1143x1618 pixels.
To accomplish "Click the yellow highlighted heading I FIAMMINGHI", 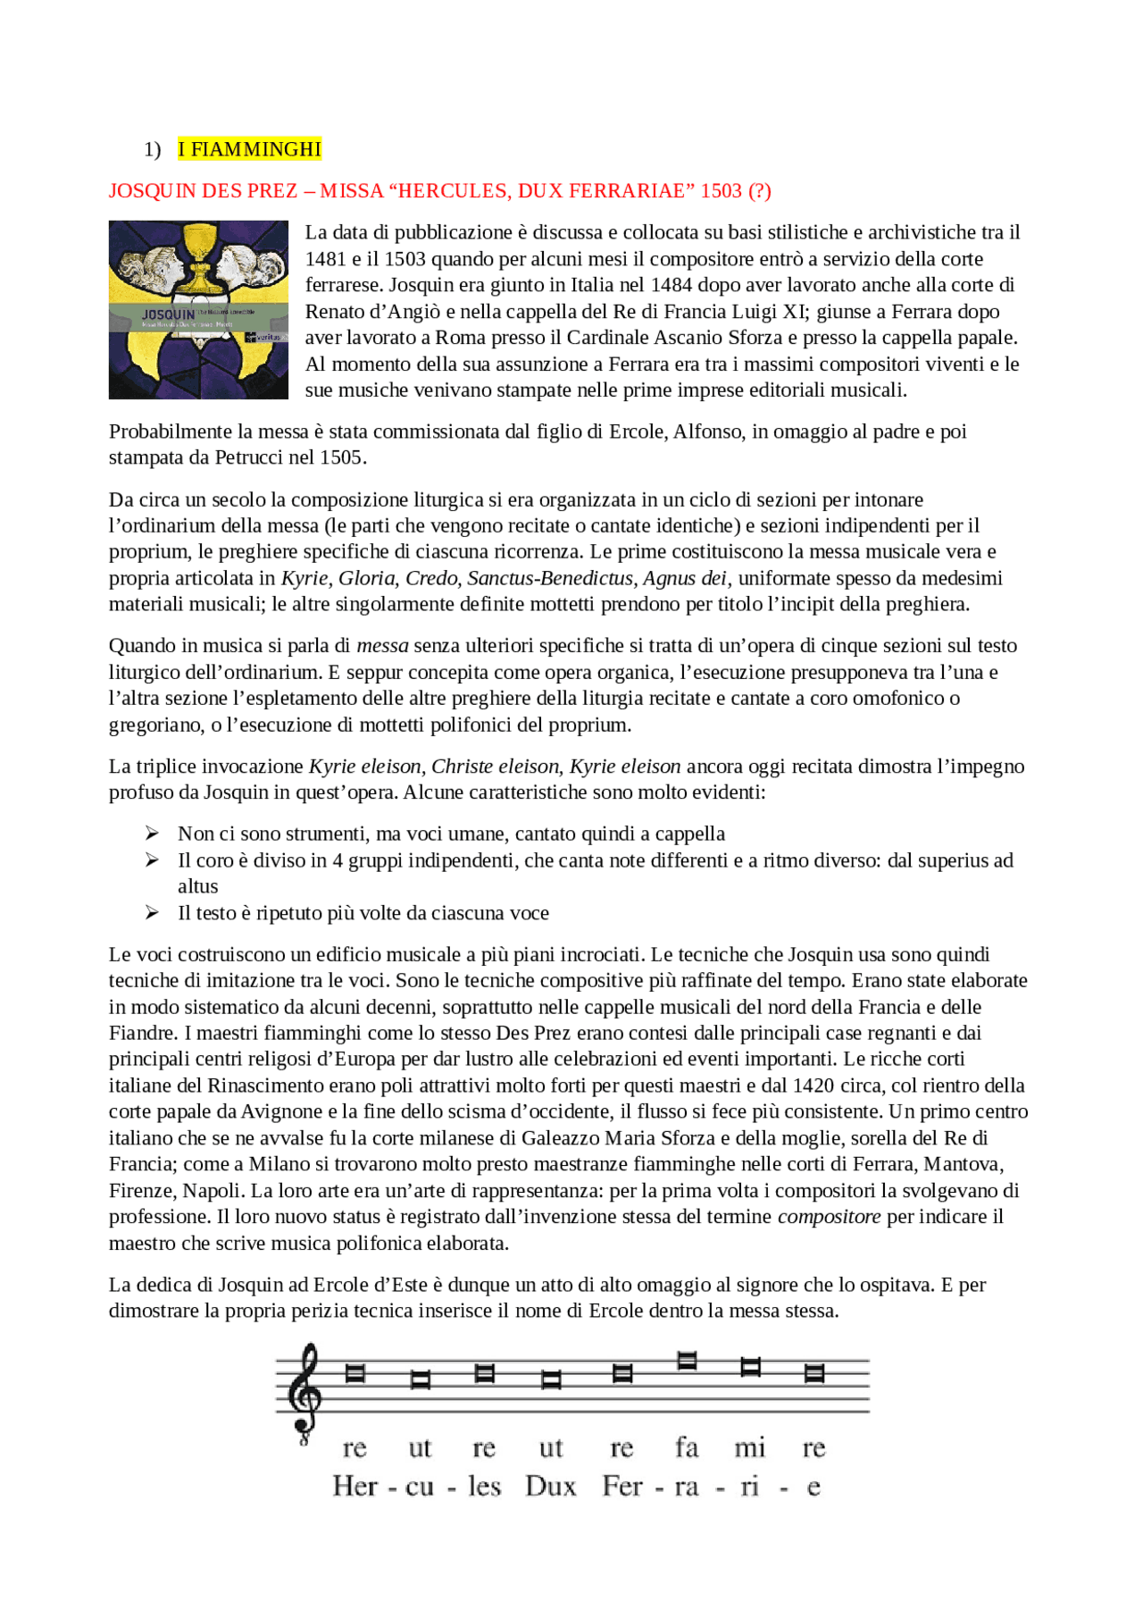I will click(x=249, y=149).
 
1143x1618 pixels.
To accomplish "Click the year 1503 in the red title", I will click(x=721, y=191).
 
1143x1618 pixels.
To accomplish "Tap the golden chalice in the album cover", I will click(x=199, y=259).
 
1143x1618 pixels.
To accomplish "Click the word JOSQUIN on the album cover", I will click(x=168, y=314).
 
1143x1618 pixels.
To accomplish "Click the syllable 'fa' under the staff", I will click(x=687, y=1446).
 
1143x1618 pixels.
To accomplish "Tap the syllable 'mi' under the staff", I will click(x=750, y=1446).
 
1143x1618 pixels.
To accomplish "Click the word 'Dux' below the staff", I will click(x=551, y=1487).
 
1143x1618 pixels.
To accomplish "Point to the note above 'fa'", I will click(x=687, y=1361).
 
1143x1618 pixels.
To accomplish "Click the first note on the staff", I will click(x=355, y=1373).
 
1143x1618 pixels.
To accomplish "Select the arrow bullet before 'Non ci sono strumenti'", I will click(x=153, y=834).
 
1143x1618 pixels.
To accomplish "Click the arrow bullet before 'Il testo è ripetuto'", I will click(x=153, y=913).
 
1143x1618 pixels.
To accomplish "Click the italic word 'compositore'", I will click(x=829, y=1217).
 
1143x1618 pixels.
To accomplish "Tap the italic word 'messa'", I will click(x=382, y=646).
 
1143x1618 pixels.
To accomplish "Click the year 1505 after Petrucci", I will click(x=342, y=457).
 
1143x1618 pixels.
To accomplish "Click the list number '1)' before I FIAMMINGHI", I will click(x=153, y=150).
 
